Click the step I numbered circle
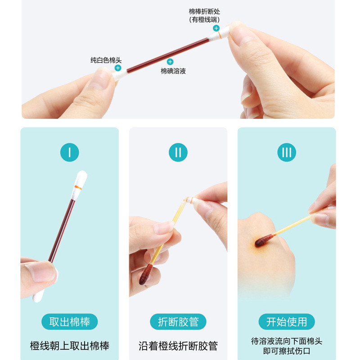pos(69,153)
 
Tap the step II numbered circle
pos(178,153)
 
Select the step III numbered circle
pos(287,153)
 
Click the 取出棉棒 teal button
pos(70,322)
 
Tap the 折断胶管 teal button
pos(178,322)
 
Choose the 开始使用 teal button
pos(287,322)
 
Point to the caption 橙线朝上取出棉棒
pos(70,346)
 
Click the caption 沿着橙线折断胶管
pos(178,346)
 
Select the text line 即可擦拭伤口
pos(287,351)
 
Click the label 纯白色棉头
pos(106,60)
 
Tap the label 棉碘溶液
pos(173,71)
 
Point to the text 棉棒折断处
pos(204,11)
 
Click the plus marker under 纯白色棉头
pos(118,68)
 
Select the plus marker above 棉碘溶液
pos(170,62)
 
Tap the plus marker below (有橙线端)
pos(216,28)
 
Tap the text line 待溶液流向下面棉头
pos(287,341)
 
